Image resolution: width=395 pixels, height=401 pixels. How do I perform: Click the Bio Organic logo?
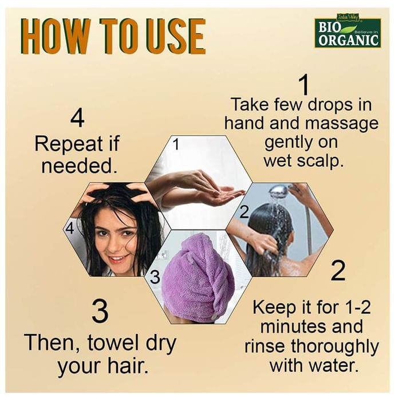pos(348,30)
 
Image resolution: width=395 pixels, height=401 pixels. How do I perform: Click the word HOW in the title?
pos(56,36)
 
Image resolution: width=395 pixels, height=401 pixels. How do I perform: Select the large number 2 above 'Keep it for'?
pos(338,270)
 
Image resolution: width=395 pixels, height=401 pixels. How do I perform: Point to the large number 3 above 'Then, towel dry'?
pos(100,312)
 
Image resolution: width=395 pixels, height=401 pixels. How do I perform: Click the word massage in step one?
pos(342,124)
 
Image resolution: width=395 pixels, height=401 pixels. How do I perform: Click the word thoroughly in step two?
pos(334,347)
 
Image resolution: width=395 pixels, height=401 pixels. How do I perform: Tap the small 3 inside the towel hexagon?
pos(155,278)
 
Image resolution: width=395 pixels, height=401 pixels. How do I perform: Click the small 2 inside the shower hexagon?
pos(244,212)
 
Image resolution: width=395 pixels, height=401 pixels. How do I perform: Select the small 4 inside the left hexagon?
pos(69,228)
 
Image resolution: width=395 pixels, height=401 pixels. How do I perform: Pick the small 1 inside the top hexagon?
pos(176,144)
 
